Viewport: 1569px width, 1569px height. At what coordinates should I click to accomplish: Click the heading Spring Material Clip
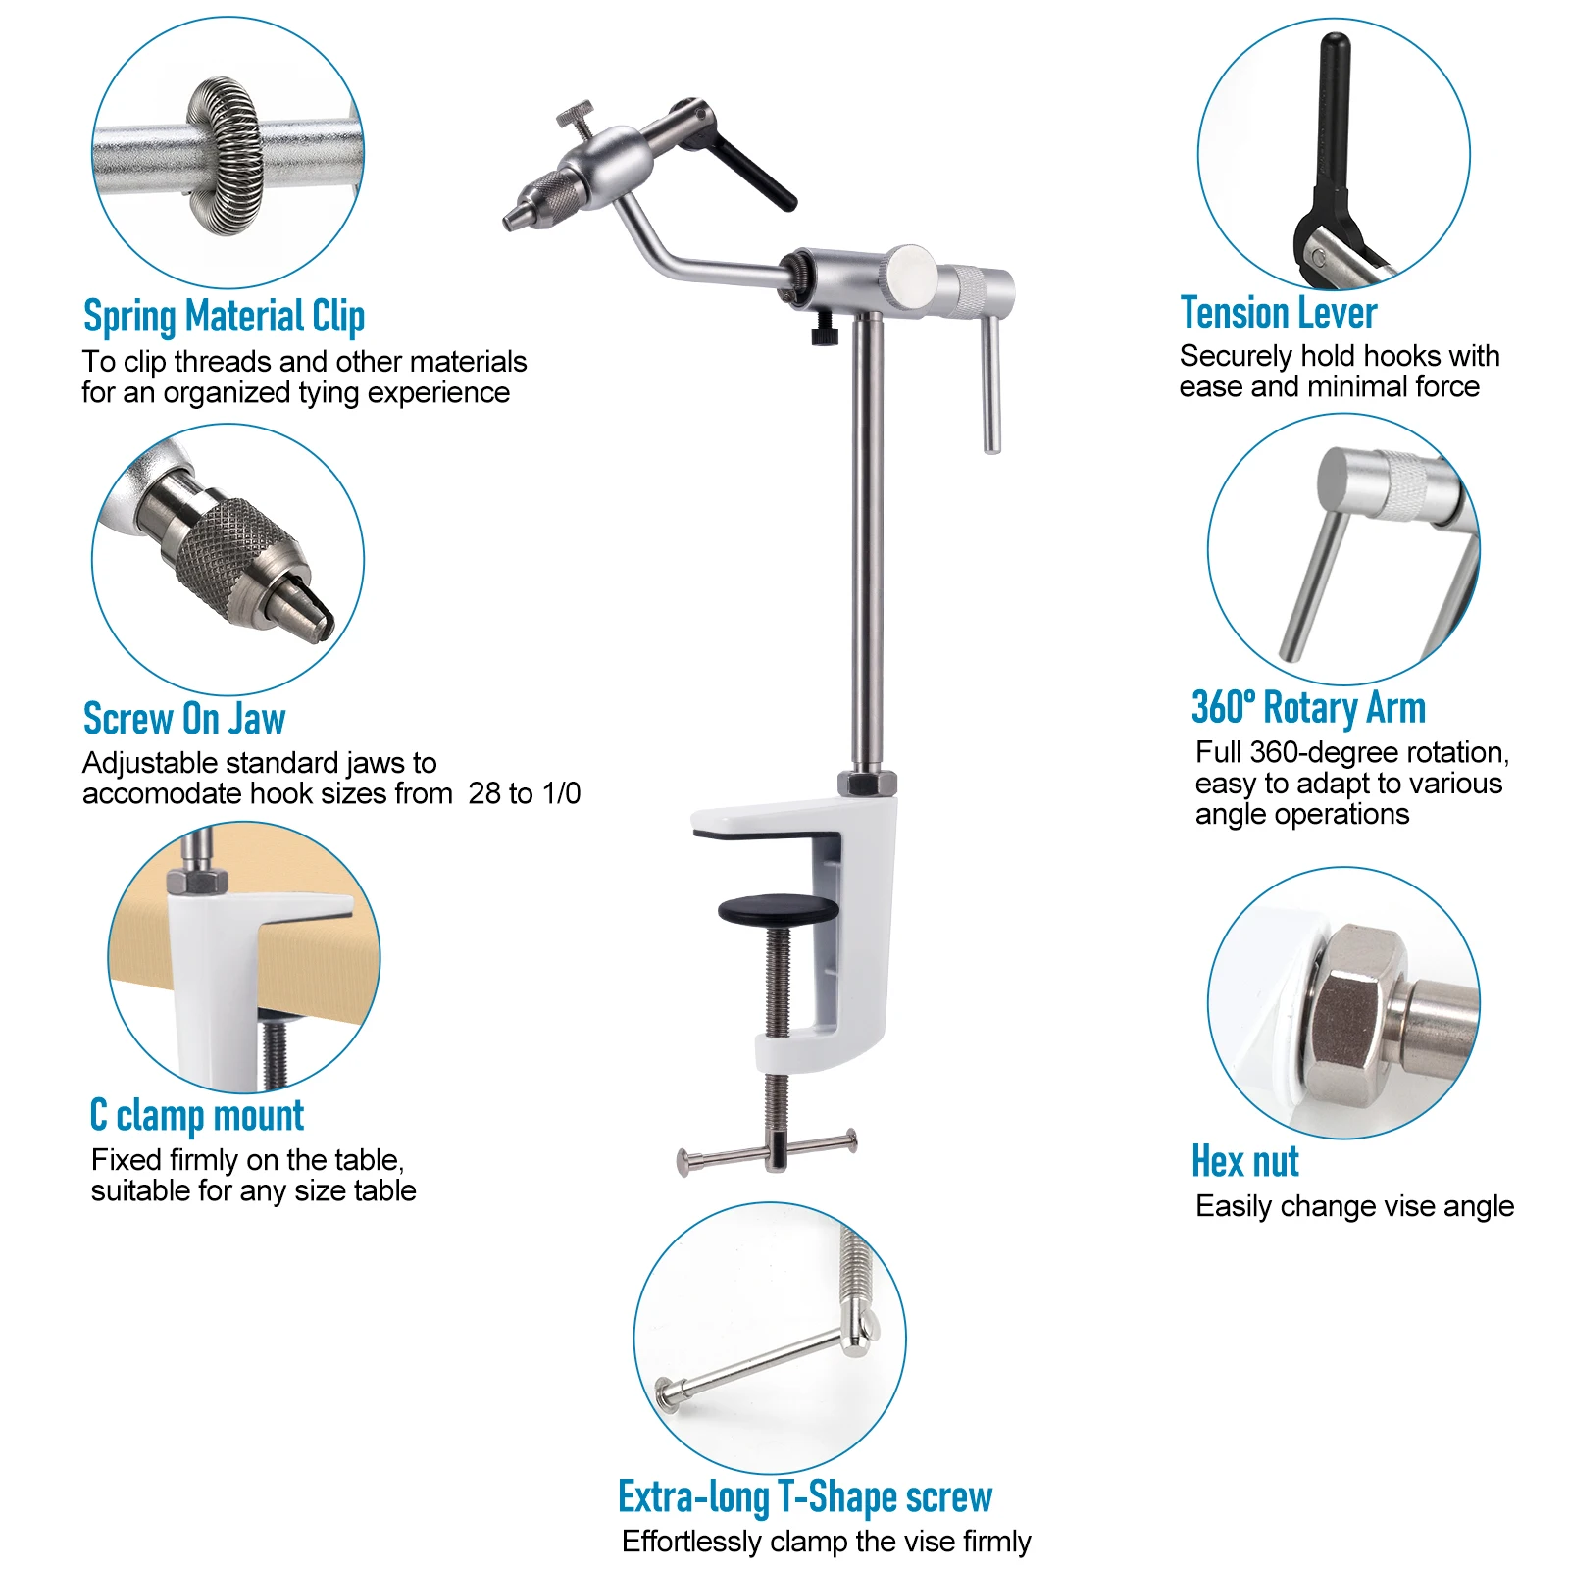tap(224, 317)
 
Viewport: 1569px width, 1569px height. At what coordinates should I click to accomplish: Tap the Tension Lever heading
tap(1278, 313)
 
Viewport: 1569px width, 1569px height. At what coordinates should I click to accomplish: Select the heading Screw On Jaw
tap(184, 719)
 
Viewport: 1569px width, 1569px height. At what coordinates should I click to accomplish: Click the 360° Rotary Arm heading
tap(1308, 707)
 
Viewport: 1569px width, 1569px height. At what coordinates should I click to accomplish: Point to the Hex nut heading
tap(1244, 1161)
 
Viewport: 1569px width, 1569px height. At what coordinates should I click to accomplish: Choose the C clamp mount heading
tap(197, 1116)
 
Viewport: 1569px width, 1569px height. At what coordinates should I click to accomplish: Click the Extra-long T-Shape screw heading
tap(805, 1497)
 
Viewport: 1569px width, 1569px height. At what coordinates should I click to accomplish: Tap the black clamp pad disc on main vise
tap(779, 909)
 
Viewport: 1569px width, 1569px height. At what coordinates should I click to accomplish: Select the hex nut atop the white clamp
tap(867, 784)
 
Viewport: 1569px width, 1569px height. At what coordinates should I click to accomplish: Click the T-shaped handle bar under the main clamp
tap(767, 1152)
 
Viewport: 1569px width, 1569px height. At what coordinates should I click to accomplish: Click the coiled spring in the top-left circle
tap(226, 155)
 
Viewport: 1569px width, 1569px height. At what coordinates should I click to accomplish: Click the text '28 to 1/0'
tap(525, 792)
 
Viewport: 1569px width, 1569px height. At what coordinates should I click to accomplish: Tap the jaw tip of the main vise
tap(511, 220)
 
